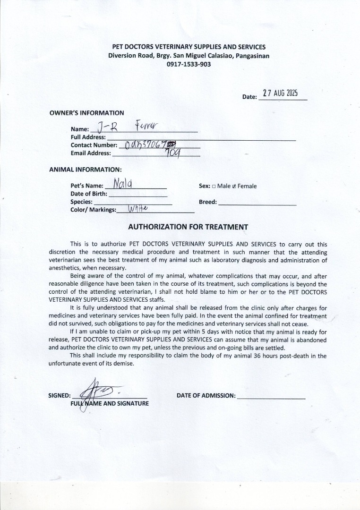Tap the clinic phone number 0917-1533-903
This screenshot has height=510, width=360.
click(x=189, y=64)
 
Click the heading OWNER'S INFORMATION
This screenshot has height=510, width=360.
click(x=87, y=113)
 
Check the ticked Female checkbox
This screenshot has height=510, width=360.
click(x=234, y=186)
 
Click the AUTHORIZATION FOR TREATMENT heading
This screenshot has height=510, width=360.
click(x=188, y=227)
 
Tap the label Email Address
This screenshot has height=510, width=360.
click(x=91, y=153)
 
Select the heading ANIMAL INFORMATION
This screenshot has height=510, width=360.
click(x=86, y=169)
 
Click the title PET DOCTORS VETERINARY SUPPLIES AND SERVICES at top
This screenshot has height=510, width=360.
click(x=189, y=47)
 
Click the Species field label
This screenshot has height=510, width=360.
click(x=81, y=202)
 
